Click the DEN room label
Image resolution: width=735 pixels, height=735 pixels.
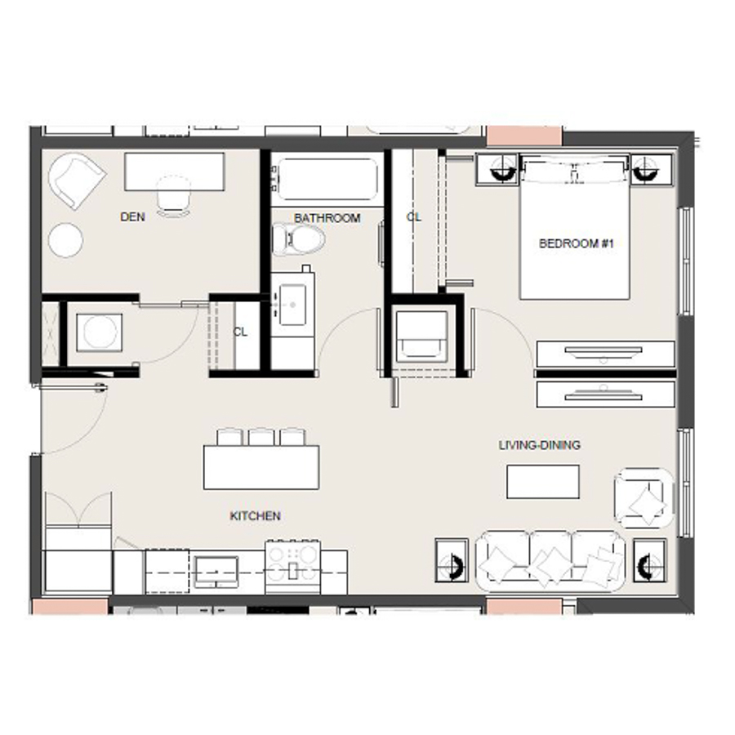click(x=132, y=217)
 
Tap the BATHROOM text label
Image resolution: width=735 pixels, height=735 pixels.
click(x=327, y=218)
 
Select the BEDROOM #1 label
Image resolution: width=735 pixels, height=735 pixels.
click(x=576, y=243)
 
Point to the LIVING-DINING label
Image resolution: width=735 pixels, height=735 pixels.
click(x=540, y=445)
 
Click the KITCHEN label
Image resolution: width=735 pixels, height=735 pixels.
click(x=255, y=516)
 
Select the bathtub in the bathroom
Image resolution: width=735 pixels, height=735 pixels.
click(x=326, y=179)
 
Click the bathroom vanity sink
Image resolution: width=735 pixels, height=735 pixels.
click(x=291, y=300)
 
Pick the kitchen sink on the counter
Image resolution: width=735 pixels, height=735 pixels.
click(x=216, y=568)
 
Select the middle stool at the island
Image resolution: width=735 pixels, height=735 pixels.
click(x=261, y=437)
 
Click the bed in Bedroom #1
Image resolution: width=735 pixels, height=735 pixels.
click(x=575, y=233)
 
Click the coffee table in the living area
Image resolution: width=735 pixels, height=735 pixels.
click(x=543, y=481)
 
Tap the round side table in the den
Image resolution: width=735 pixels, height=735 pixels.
click(x=65, y=241)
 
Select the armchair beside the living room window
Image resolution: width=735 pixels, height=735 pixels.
click(x=644, y=497)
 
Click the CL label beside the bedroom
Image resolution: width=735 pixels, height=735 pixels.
click(x=414, y=217)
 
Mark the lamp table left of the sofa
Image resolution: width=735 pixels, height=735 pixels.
click(x=452, y=560)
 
